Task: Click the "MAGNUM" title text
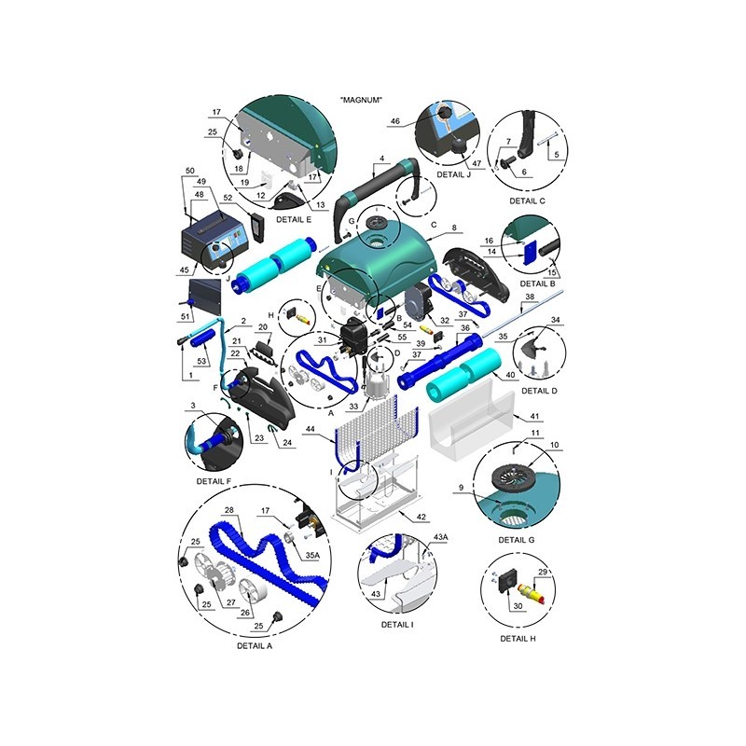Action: (x=361, y=100)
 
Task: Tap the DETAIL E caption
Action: (x=294, y=219)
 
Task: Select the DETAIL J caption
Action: (x=454, y=174)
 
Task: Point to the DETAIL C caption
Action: (x=527, y=200)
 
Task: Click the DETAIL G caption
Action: (x=517, y=540)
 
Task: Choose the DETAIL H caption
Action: (x=518, y=639)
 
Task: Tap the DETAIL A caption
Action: (x=255, y=646)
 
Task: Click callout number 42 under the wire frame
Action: (x=421, y=518)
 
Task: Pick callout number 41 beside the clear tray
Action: (x=534, y=416)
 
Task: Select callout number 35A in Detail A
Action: (x=312, y=555)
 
